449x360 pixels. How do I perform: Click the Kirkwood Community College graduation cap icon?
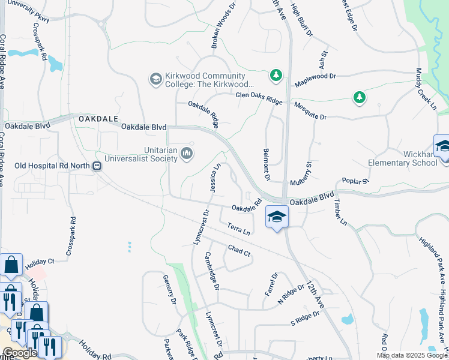(x=156, y=79)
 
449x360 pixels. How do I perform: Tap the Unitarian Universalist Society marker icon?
(x=187, y=154)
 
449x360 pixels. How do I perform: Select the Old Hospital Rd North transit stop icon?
(x=97, y=166)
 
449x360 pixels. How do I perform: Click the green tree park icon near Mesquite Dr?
(x=359, y=97)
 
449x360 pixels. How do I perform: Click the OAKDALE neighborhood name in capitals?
(x=98, y=119)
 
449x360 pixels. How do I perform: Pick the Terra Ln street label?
(x=238, y=228)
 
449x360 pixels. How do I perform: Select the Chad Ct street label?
(x=239, y=250)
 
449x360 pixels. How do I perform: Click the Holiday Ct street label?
(x=40, y=262)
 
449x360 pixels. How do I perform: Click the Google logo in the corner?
(x=19, y=352)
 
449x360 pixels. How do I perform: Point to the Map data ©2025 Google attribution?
(x=412, y=355)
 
